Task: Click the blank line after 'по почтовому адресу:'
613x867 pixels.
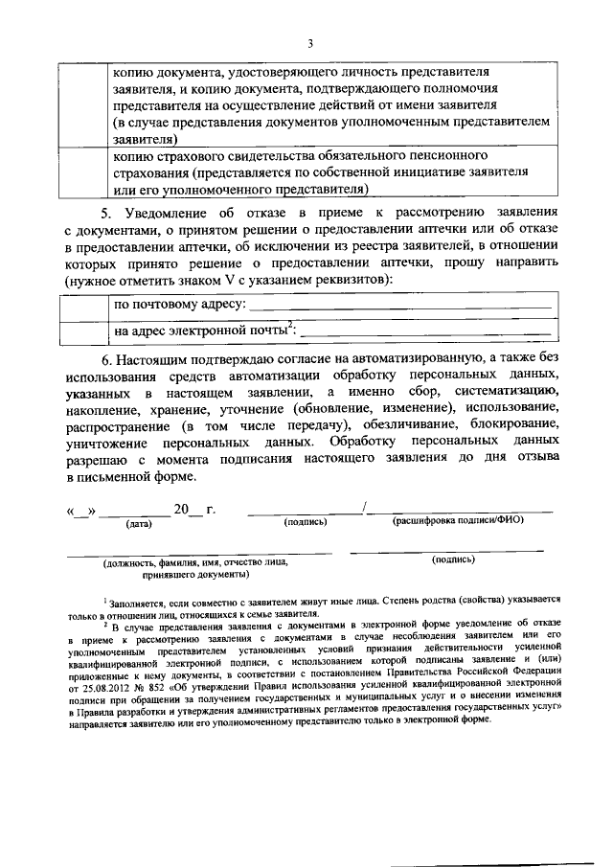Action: pyautogui.click(x=400, y=308)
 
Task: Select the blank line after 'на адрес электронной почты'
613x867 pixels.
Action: pyautogui.click(x=425, y=332)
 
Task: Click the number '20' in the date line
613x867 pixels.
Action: pyautogui.click(x=183, y=509)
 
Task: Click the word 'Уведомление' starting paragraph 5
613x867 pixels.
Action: pyautogui.click(x=173, y=212)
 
